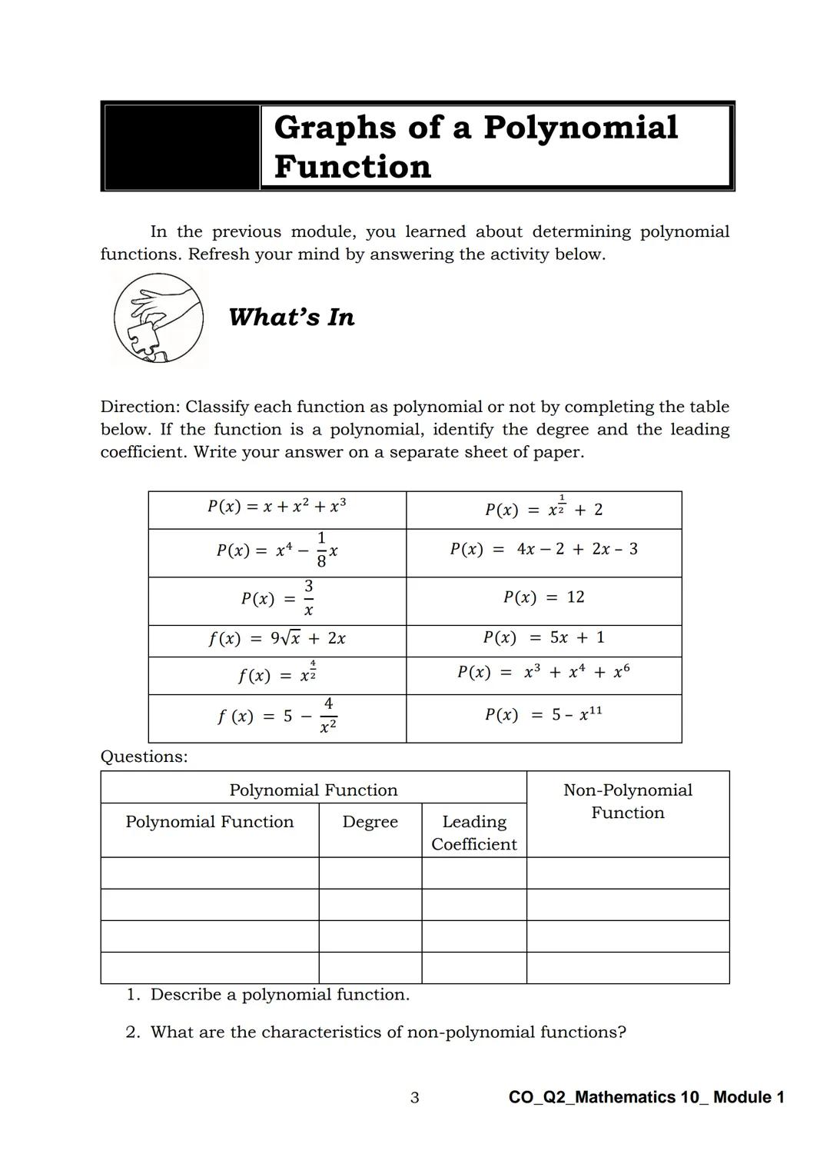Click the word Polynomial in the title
tap(580, 128)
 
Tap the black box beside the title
tap(181, 147)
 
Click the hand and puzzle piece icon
tap(159, 318)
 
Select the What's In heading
tap(291, 317)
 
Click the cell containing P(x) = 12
tap(543, 597)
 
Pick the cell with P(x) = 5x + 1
tap(543, 637)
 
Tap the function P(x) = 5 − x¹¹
tap(543, 715)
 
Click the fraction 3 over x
tap(308, 598)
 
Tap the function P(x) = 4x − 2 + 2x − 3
tap(543, 549)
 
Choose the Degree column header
tap(370, 822)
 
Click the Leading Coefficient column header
tap(473, 833)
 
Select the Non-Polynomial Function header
tap(627, 801)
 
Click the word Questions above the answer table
tap(144, 757)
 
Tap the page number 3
tap(415, 1098)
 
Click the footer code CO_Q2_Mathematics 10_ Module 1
tap(646, 1097)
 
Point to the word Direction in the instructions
tap(140, 407)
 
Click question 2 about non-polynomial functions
tap(377, 1032)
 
